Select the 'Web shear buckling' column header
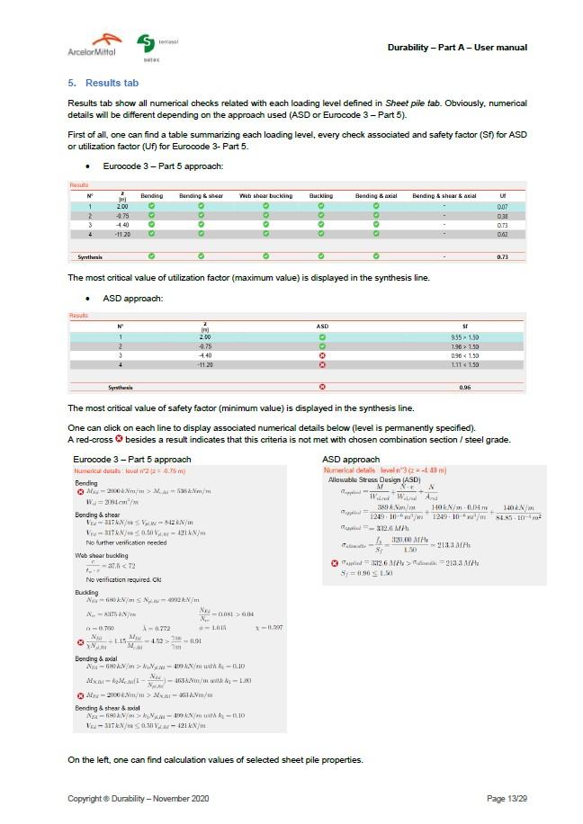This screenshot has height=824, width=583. (265, 195)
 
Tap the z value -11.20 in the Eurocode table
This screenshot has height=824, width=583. (121, 234)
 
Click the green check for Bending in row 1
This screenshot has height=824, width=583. (152, 207)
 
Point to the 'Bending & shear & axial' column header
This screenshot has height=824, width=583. (444, 195)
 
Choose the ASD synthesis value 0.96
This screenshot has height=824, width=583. (464, 388)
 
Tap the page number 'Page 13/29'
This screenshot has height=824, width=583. (507, 799)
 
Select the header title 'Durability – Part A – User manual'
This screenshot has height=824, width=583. (457, 47)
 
